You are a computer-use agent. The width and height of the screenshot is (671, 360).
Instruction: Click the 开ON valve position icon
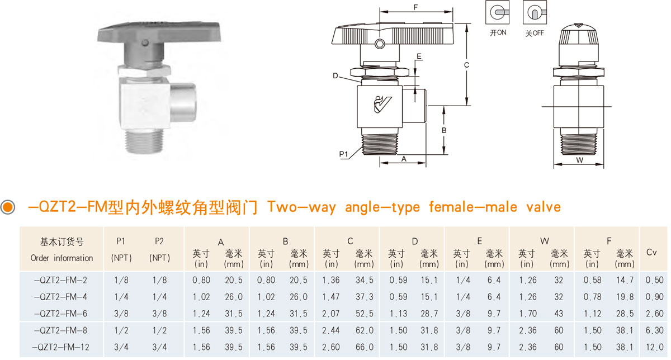coord(497,12)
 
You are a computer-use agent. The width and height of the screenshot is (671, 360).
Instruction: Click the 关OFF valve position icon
coord(535,12)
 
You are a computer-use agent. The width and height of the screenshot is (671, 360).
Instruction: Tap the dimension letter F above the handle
coord(415,7)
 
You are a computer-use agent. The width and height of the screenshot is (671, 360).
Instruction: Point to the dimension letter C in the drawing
coord(466,65)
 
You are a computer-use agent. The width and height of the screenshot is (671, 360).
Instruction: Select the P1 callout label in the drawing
coord(343,154)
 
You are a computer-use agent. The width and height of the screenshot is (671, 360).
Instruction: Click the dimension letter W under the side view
coord(580,160)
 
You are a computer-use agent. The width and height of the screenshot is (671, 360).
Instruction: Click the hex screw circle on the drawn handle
coord(380,44)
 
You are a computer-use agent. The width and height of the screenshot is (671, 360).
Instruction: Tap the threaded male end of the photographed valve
coord(145,141)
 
